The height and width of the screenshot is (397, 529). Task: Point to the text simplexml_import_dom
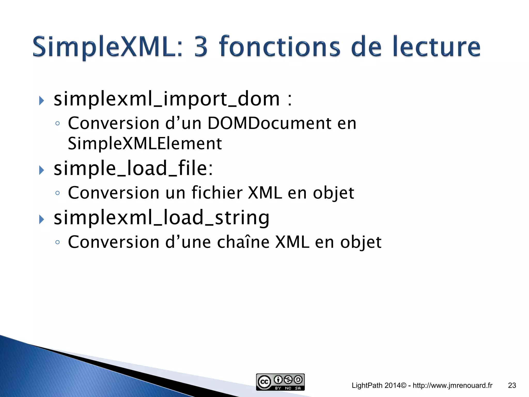(x=167, y=99)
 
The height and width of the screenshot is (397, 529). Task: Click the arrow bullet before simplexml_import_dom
(x=42, y=101)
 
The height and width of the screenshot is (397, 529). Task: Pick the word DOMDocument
(x=269, y=123)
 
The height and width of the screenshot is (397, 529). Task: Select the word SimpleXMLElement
(x=145, y=144)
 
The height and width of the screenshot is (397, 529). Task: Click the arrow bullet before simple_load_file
(x=42, y=170)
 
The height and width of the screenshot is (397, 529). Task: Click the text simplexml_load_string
(x=161, y=218)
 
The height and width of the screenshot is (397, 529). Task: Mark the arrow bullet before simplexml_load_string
(x=42, y=219)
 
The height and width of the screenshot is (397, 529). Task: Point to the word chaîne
(x=243, y=242)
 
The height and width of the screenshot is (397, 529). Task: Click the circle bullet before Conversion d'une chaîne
(x=58, y=242)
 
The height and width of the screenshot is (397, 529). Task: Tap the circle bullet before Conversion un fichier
(x=58, y=193)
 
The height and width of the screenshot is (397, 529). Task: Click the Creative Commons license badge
(x=280, y=382)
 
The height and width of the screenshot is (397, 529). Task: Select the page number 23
(x=512, y=385)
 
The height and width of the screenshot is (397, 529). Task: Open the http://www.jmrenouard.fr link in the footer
(x=453, y=385)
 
